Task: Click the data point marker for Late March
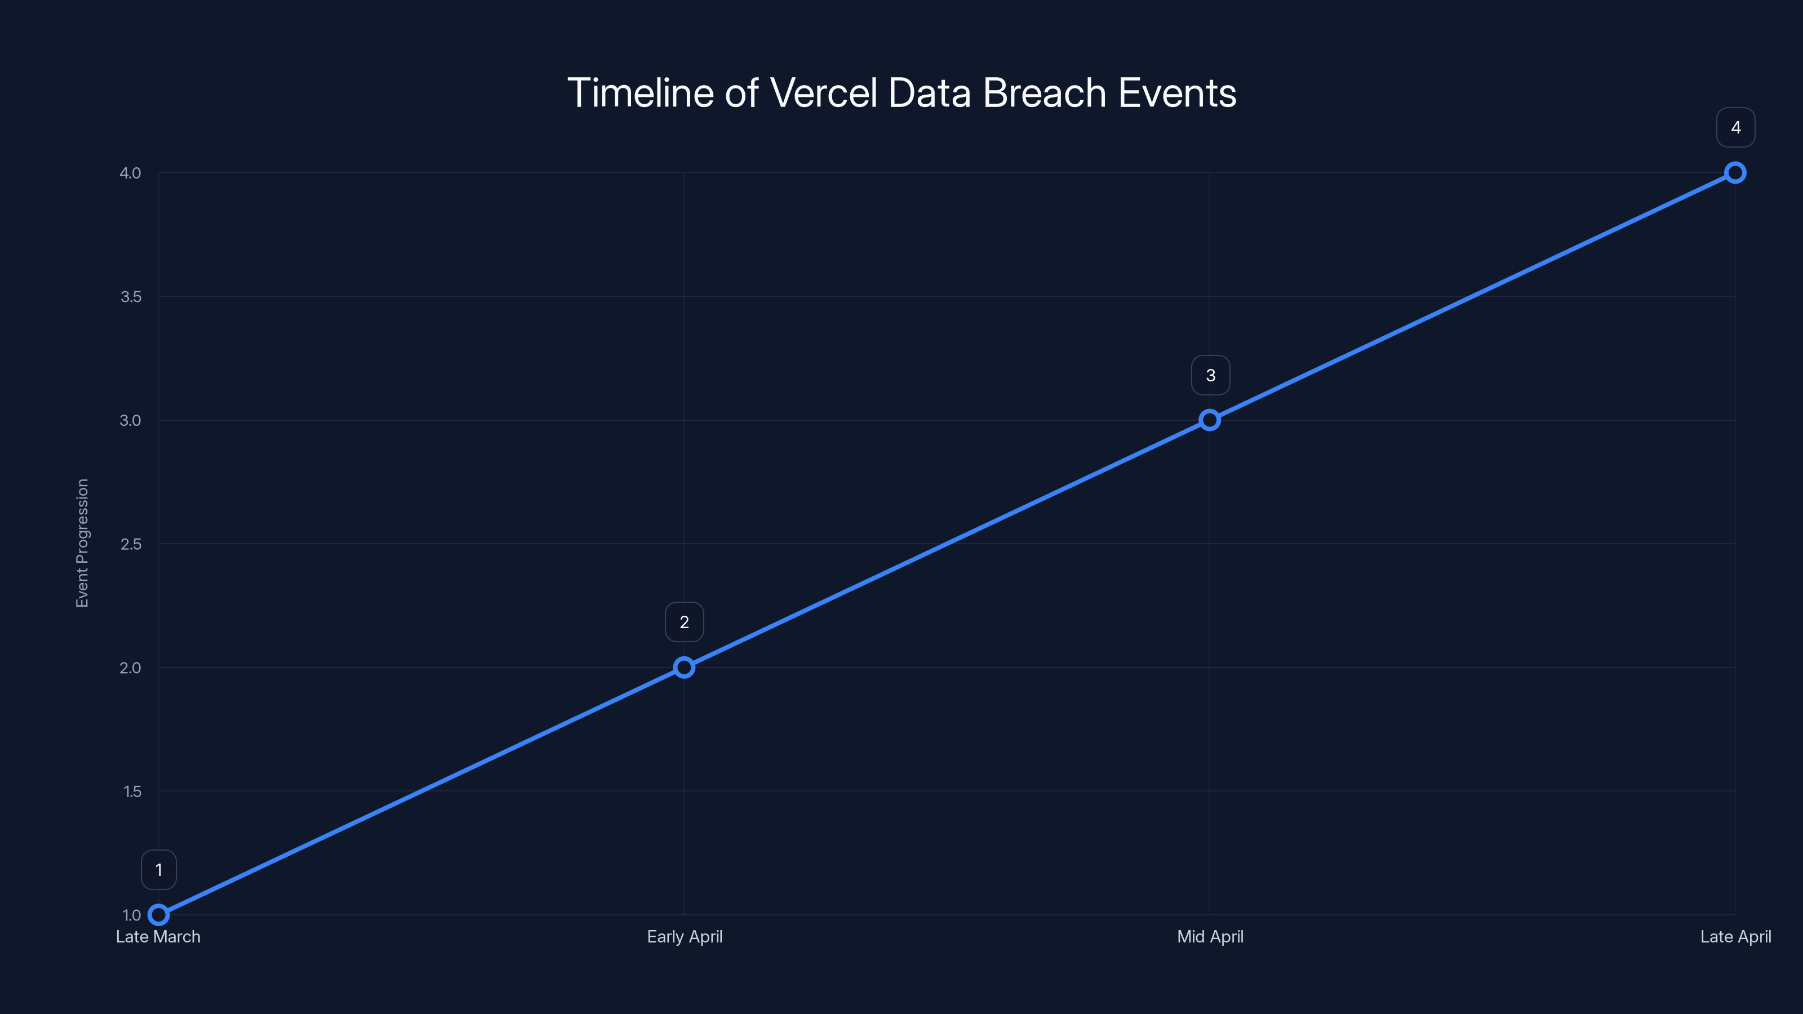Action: click(x=159, y=915)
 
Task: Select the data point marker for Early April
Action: click(x=684, y=668)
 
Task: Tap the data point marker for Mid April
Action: click(x=1210, y=420)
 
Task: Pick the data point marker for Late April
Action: click(x=1735, y=173)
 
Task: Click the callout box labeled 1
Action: click(x=159, y=870)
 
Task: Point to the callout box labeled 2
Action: click(x=684, y=622)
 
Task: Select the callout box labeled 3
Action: click(x=1210, y=375)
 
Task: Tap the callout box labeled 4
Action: click(x=1736, y=127)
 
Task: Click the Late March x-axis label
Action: click(x=158, y=937)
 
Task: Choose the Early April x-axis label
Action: click(x=685, y=937)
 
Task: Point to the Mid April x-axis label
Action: click(x=1210, y=937)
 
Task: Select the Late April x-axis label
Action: click(x=1736, y=937)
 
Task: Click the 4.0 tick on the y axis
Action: click(x=130, y=173)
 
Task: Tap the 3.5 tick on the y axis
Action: click(x=130, y=297)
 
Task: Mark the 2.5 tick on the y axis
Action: click(x=130, y=544)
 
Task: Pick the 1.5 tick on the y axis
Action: click(x=132, y=791)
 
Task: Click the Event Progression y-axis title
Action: click(x=82, y=543)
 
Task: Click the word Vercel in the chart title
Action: click(x=824, y=93)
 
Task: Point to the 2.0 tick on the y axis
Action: click(x=130, y=668)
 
